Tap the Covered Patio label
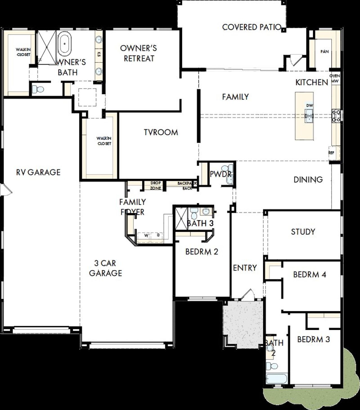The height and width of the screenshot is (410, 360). coord(251,27)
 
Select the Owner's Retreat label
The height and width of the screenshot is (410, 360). coord(139,53)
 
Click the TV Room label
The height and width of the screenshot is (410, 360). coord(161,132)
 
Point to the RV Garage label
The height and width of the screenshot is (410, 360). coord(38,172)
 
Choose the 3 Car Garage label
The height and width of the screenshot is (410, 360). coord(105,268)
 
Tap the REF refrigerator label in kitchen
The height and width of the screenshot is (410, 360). coord(331,153)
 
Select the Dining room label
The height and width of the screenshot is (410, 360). coord(308,180)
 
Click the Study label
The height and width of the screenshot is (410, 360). coord(303,232)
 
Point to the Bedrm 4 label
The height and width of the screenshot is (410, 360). coord(310,274)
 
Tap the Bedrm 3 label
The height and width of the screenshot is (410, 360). coord(313,339)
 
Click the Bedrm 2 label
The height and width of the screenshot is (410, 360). coord(202,251)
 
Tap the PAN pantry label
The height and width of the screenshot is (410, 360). coord(325,52)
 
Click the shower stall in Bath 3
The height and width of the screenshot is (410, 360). coord(181,218)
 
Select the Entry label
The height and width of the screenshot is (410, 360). coord(245,268)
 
